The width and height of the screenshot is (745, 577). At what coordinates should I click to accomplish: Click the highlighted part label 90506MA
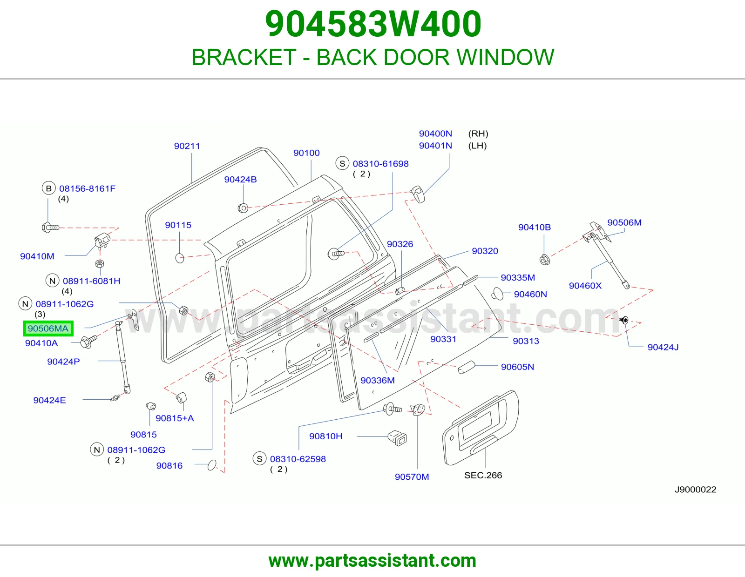tap(48, 329)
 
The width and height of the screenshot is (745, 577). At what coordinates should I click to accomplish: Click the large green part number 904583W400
tap(373, 24)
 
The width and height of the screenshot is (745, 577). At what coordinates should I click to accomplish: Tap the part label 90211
tap(187, 146)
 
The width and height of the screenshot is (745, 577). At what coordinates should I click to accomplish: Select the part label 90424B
tap(240, 180)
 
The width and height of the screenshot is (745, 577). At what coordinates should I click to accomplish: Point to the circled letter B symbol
tap(49, 188)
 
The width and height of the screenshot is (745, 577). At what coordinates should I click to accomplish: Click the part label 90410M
tap(37, 256)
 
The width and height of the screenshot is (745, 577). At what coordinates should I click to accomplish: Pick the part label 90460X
tap(585, 286)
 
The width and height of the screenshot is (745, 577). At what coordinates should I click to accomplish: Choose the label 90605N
tap(517, 367)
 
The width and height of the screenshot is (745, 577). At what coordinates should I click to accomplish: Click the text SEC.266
tap(483, 475)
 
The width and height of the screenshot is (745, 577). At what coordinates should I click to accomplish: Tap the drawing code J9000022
tap(696, 489)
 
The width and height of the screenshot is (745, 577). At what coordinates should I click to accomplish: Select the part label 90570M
tap(412, 477)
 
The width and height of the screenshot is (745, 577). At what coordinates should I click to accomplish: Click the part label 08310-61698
tap(380, 164)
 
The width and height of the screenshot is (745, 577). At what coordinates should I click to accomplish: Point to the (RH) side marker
tap(478, 134)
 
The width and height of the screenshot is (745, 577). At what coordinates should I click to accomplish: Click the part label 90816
tap(169, 466)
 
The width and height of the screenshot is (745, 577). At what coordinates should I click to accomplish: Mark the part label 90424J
tap(663, 347)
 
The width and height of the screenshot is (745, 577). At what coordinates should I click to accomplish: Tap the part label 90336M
tap(378, 380)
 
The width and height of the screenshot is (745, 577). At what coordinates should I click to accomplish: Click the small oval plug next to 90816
tap(212, 465)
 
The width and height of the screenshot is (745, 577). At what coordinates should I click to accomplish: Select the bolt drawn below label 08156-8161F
tap(50, 227)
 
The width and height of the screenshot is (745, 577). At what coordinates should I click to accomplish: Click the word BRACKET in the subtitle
tap(244, 57)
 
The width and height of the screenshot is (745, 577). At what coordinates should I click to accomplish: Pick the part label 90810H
tap(325, 436)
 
